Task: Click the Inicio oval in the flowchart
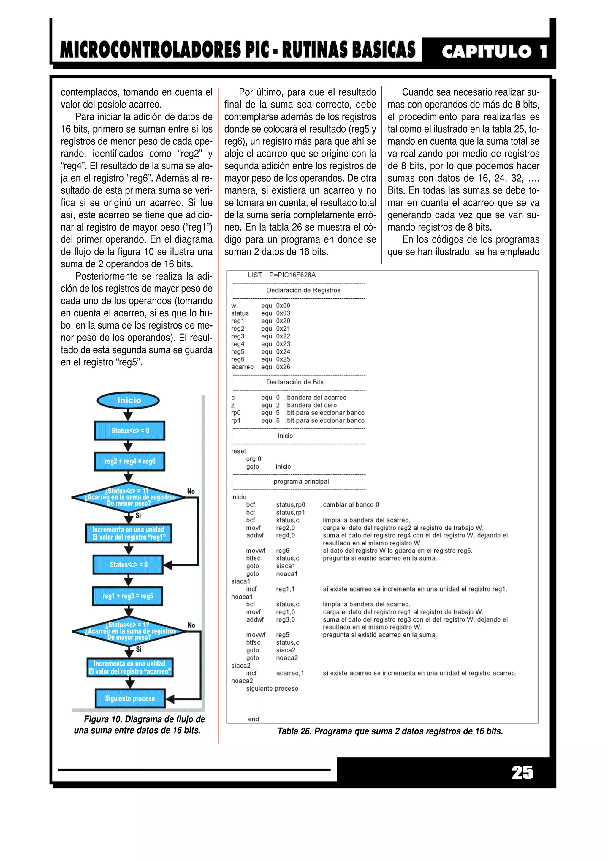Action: click(128, 400)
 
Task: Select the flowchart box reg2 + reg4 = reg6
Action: click(130, 461)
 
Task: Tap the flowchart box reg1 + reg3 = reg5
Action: click(128, 596)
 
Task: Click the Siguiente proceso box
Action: click(130, 698)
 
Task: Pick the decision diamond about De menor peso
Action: click(129, 497)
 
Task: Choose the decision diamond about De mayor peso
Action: click(129, 631)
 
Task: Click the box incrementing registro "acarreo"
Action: click(130, 668)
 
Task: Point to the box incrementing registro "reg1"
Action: click(129, 533)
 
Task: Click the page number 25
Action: click(522, 772)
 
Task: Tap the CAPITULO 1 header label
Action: click(494, 51)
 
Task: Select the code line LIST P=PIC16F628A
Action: click(281, 275)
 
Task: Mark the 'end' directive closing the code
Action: click(253, 719)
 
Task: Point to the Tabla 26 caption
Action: click(390, 731)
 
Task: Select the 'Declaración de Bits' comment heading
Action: click(295, 382)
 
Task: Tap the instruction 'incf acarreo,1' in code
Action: click(275, 673)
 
